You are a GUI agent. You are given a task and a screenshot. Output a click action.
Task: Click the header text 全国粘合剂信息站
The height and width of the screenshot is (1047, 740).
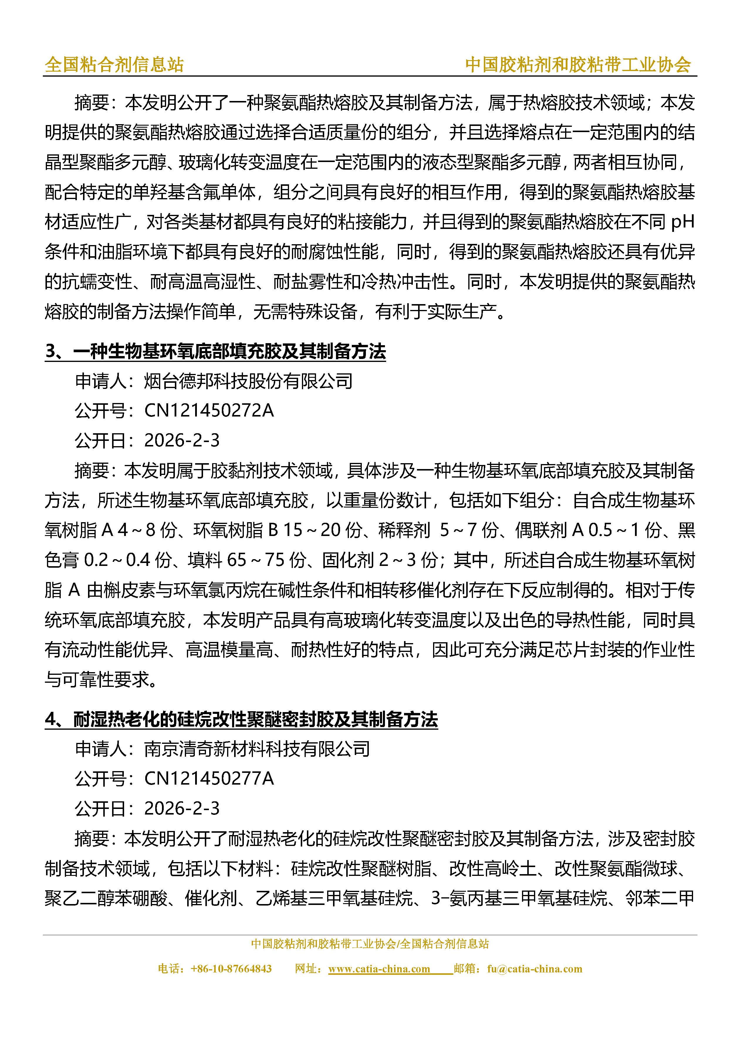tap(114, 65)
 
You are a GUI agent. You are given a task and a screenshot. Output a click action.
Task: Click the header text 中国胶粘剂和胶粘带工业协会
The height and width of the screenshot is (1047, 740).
tap(578, 65)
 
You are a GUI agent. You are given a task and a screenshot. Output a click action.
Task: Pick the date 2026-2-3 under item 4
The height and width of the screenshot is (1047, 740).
tap(181, 808)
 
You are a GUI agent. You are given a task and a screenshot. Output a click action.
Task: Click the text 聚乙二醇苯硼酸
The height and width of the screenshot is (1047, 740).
tap(106, 898)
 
